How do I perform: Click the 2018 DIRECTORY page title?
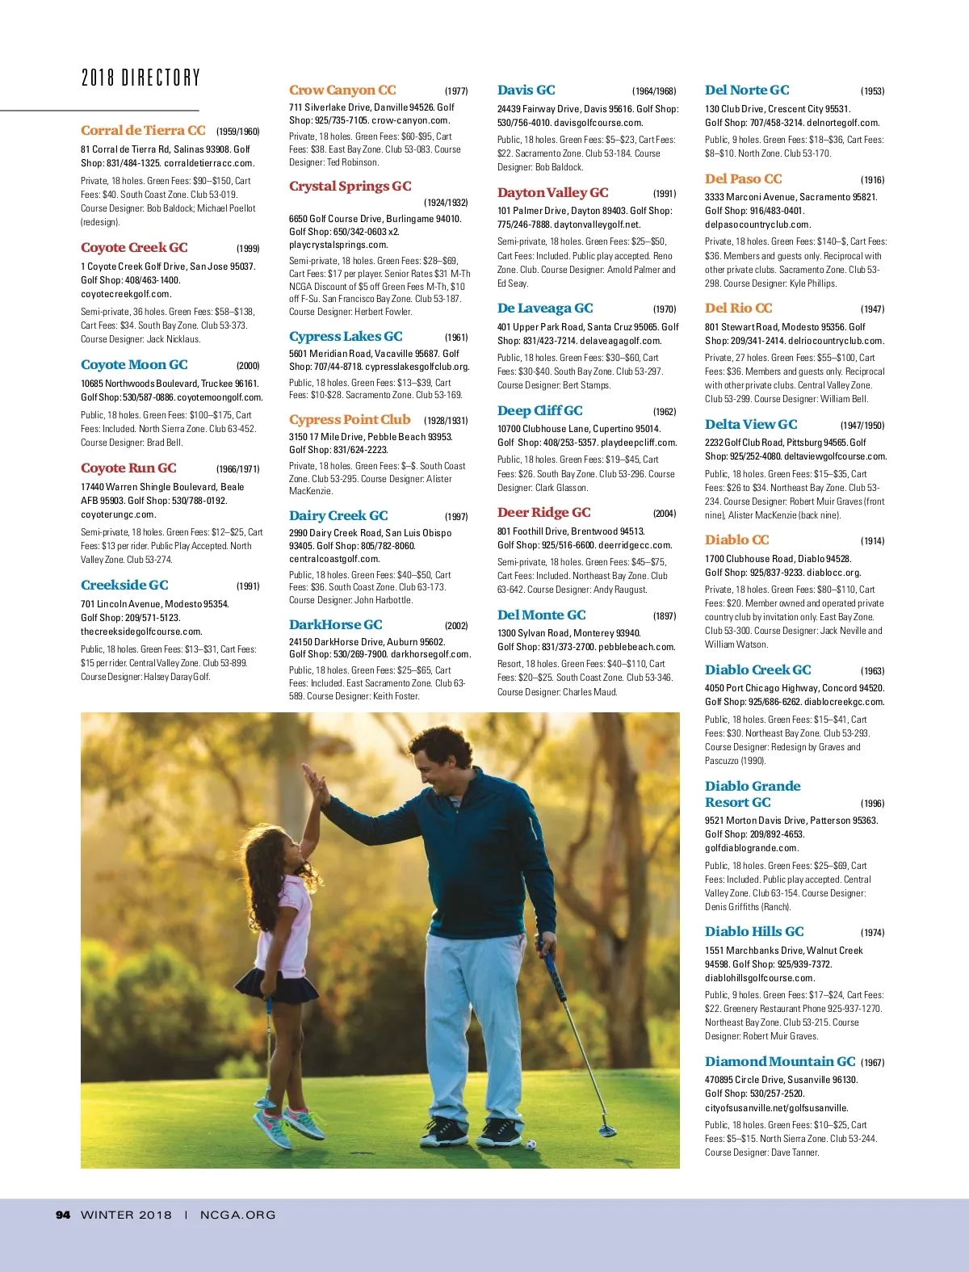(x=141, y=78)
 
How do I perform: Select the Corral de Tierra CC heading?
(x=143, y=131)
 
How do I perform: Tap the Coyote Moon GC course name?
(x=134, y=365)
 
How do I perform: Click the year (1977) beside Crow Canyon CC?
(x=456, y=91)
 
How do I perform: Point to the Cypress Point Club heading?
(x=350, y=420)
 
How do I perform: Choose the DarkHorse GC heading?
(x=336, y=625)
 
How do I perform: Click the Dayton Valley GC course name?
(x=553, y=193)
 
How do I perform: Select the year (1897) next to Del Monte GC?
(x=665, y=616)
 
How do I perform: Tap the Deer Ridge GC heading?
(x=544, y=513)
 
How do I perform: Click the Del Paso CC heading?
(x=744, y=179)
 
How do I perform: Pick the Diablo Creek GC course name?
(x=758, y=670)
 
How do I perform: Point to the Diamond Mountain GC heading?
(x=780, y=1062)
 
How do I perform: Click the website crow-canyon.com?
(x=411, y=120)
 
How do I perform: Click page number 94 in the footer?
(x=63, y=1215)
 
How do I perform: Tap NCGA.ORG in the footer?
(x=237, y=1215)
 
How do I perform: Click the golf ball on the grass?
(x=531, y=1144)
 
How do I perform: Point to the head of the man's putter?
(x=606, y=1128)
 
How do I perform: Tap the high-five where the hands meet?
(x=313, y=779)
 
